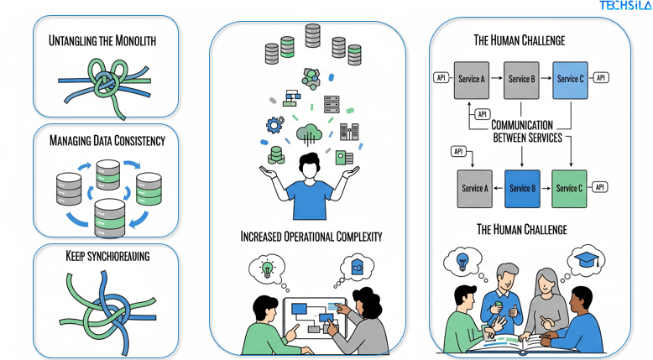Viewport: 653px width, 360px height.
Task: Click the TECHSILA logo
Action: point(624,6)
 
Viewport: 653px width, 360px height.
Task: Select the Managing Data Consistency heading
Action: point(107,140)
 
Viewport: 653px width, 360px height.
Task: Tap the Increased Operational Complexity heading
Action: point(311,237)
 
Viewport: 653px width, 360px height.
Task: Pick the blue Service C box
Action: point(570,80)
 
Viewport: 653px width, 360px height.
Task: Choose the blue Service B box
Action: point(521,188)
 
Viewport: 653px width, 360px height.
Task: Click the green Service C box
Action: point(569,188)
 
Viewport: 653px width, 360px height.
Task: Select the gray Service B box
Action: point(521,80)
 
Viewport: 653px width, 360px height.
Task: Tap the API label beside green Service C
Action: point(600,187)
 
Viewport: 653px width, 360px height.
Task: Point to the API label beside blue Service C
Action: point(601,78)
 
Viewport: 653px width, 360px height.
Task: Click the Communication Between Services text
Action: point(527,131)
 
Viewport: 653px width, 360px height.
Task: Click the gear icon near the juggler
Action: point(274,125)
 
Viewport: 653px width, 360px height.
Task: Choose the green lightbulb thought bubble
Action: point(267,269)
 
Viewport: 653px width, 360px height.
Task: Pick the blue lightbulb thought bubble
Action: point(461,261)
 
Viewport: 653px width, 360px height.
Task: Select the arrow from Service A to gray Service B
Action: point(497,79)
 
